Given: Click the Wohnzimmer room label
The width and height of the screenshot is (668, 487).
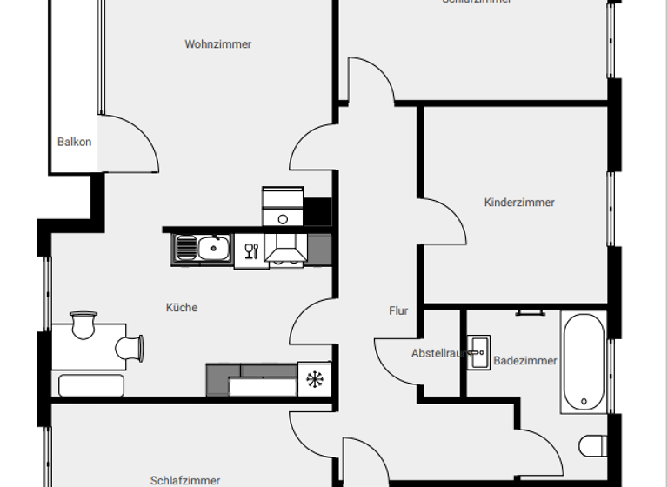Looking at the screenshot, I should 217,44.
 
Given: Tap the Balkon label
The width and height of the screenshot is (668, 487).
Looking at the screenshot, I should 75,142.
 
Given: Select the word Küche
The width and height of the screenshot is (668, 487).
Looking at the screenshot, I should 182,307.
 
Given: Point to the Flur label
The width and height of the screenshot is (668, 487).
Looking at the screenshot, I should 398,310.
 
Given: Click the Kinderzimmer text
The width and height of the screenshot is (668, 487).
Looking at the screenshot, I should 519,203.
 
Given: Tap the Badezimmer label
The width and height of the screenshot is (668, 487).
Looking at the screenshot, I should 525,360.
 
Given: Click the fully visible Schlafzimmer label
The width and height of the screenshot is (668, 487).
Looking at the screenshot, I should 185,480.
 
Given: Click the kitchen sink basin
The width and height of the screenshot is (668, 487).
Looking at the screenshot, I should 211,249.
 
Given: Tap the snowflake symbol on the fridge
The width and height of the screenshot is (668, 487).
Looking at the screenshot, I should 314,380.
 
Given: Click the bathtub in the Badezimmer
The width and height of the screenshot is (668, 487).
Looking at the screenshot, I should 582,364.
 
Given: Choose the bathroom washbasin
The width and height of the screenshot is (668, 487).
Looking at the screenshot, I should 478,351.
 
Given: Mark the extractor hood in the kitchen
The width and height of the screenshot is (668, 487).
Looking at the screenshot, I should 283,249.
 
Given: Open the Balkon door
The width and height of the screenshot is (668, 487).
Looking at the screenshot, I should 130,143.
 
